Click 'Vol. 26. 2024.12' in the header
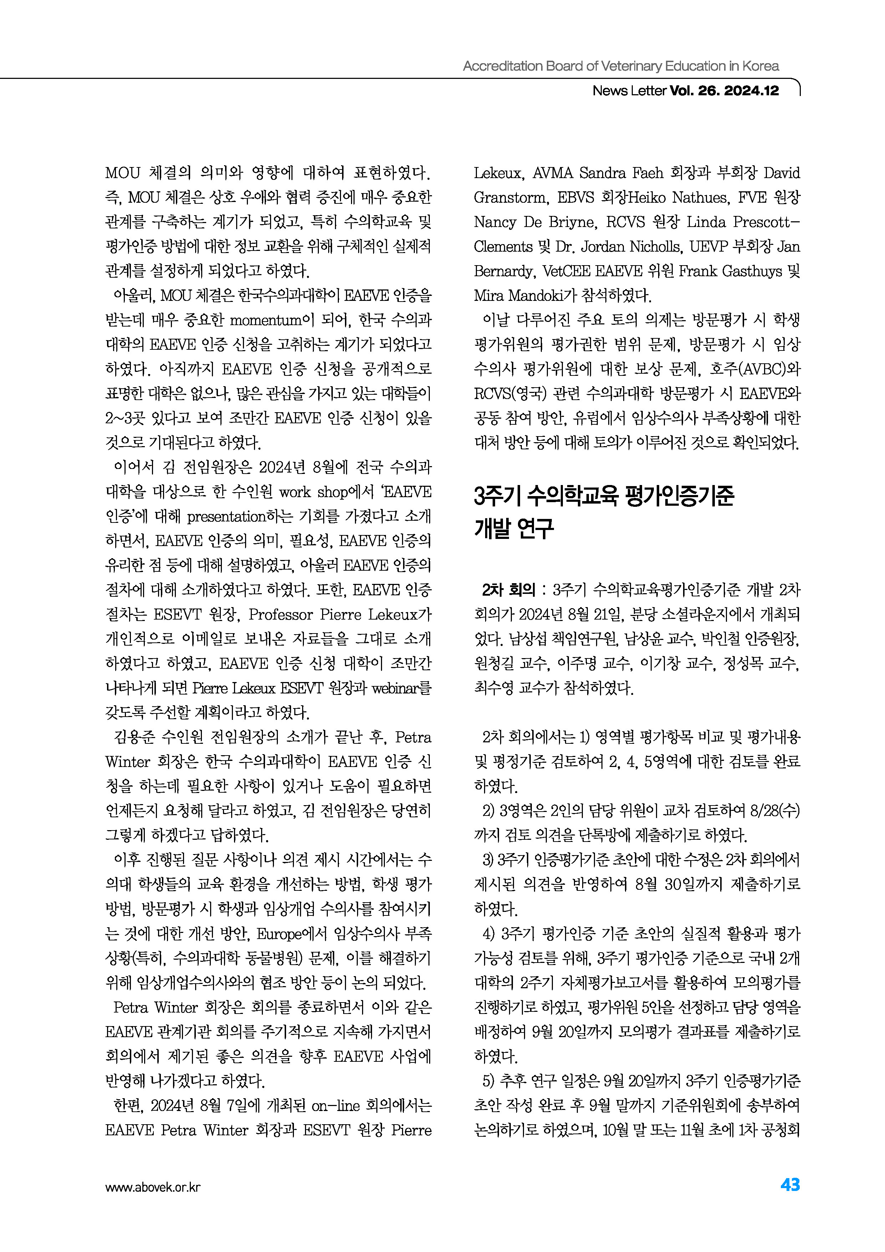coord(724,91)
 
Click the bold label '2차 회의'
coord(508,590)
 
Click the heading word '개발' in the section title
coord(493,528)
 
